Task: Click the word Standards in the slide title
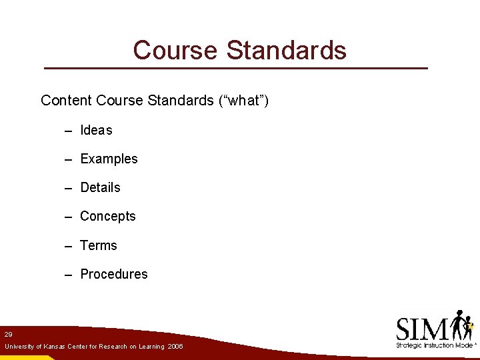click(287, 50)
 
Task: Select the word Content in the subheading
click(66, 101)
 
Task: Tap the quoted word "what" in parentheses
click(243, 101)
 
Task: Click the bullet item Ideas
click(96, 130)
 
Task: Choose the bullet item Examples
click(109, 159)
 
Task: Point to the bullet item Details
click(100, 187)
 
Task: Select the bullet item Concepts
click(107, 216)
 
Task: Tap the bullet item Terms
click(98, 245)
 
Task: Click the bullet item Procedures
click(113, 274)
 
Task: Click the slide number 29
click(8, 334)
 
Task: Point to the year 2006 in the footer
click(175, 347)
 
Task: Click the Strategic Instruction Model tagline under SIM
click(434, 345)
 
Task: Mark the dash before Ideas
click(69, 131)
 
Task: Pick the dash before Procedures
click(69, 275)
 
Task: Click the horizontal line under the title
click(235, 68)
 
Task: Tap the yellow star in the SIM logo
click(470, 327)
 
